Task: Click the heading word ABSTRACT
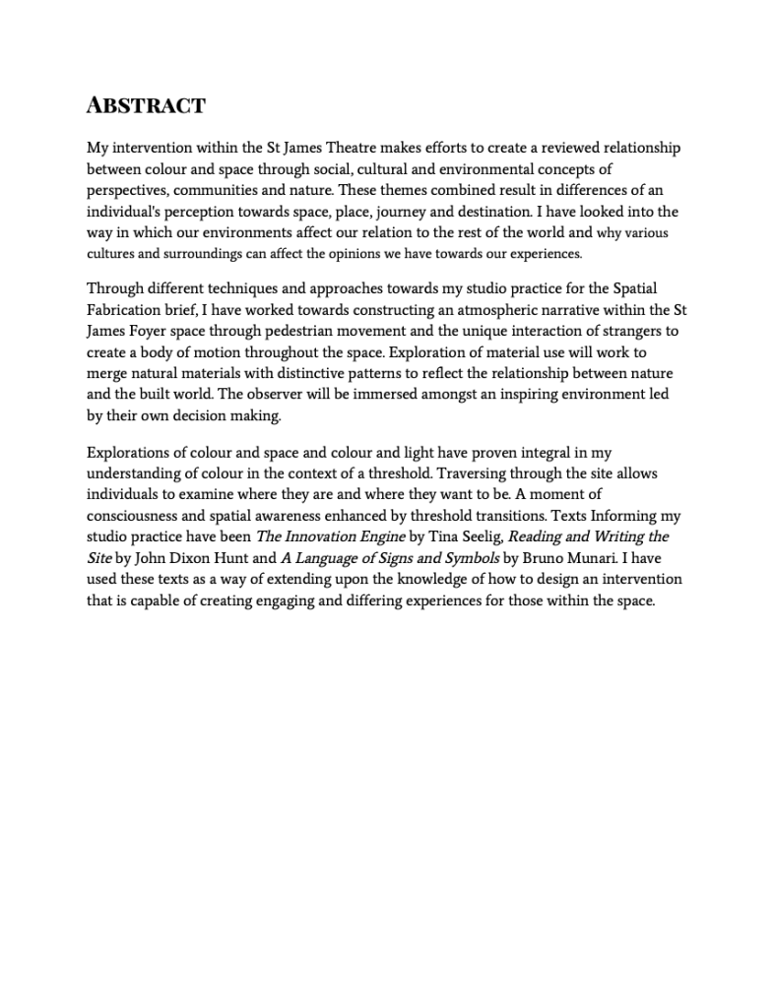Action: click(x=146, y=105)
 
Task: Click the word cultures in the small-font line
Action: click(x=110, y=254)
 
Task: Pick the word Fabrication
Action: click(x=130, y=310)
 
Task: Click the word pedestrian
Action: click(x=313, y=331)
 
